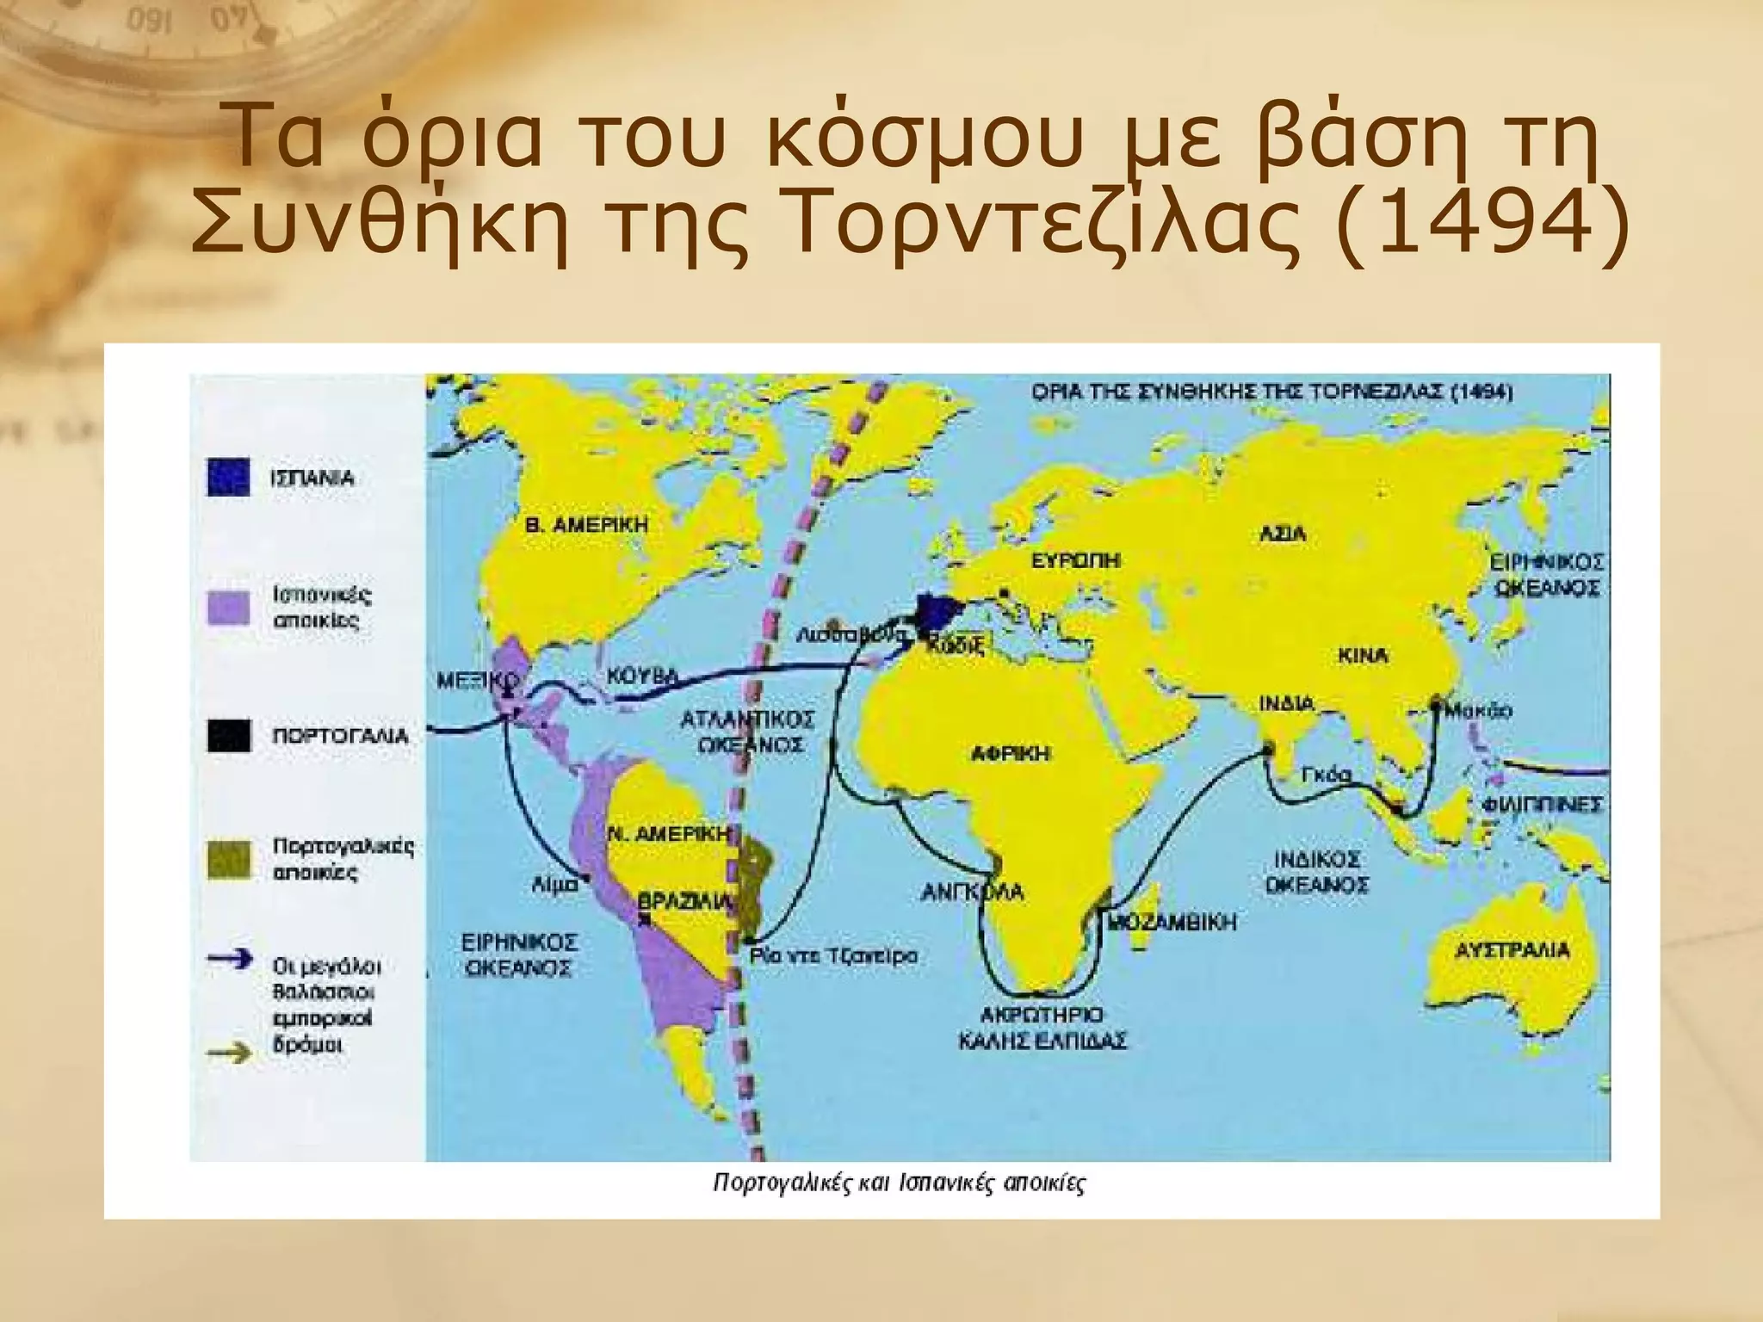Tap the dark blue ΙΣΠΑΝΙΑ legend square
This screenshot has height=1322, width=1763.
tap(229, 478)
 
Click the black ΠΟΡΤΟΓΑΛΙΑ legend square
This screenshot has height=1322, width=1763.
tap(229, 736)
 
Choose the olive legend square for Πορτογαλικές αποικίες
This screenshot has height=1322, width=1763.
tap(229, 859)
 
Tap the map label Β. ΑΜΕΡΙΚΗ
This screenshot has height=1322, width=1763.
tap(586, 524)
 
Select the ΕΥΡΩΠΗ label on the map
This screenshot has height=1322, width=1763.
tap(1076, 560)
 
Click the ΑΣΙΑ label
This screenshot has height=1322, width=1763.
tap(1283, 534)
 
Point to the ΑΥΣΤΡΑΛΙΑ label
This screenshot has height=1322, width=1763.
tap(1512, 951)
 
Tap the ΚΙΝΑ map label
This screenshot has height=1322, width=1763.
tap(1363, 656)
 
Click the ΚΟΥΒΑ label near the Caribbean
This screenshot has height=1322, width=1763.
tap(641, 676)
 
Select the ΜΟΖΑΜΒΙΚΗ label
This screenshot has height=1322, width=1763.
tap(1172, 923)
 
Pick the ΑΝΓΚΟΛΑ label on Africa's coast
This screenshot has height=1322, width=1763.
tap(972, 892)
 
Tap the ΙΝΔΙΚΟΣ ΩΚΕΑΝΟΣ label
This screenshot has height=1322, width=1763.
tap(1317, 872)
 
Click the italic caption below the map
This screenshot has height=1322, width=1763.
tap(900, 1183)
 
